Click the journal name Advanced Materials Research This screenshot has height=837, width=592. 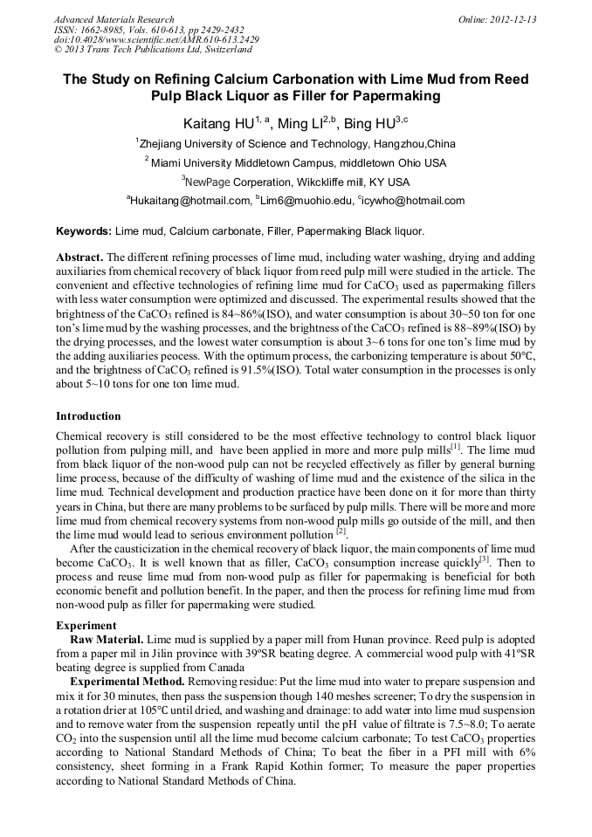(x=114, y=19)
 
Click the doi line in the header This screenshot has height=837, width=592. (x=156, y=40)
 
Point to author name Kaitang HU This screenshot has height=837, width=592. (x=217, y=124)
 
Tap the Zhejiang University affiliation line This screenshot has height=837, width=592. (x=295, y=144)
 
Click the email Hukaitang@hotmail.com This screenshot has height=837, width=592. (x=190, y=201)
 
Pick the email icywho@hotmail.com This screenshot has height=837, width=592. (x=414, y=201)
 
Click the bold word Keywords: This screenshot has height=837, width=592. (x=84, y=231)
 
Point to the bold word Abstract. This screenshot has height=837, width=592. (x=79, y=258)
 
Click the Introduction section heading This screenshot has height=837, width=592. (x=88, y=416)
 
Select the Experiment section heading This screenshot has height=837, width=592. (x=86, y=626)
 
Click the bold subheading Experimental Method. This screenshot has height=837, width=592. (x=127, y=680)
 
